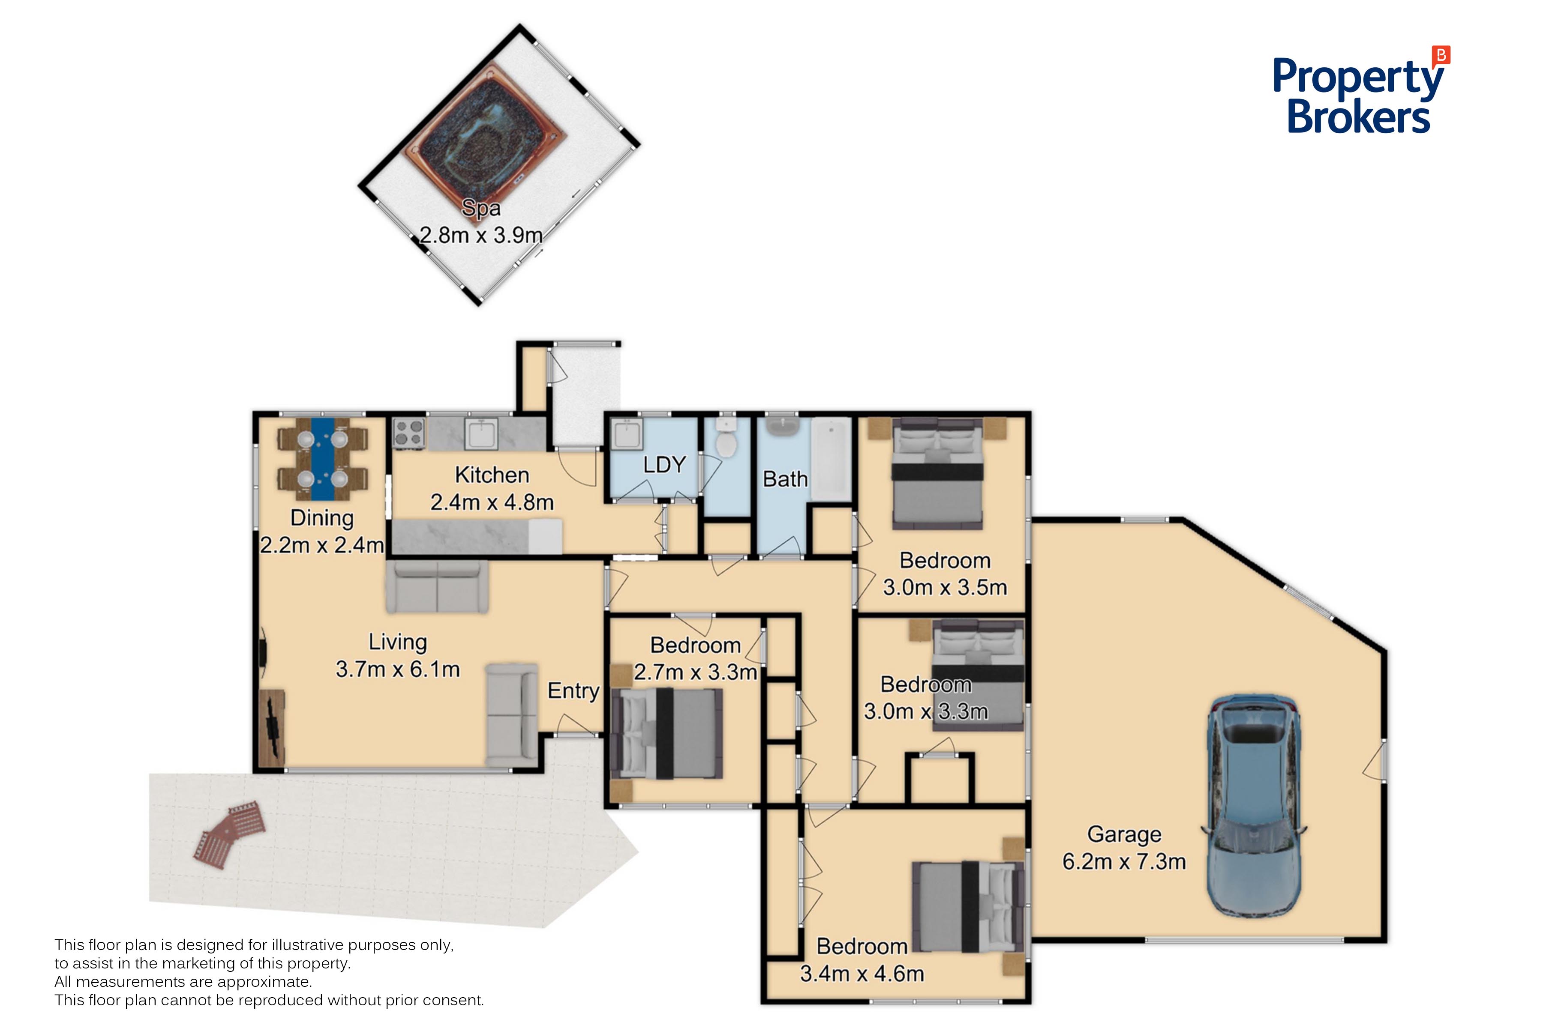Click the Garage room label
pyautogui.click(x=1124, y=834)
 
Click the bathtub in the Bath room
pyautogui.click(x=831, y=459)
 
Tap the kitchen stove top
pyautogui.click(x=409, y=434)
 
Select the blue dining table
pyautogui.click(x=322, y=458)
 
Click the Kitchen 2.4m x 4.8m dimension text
pyautogui.click(x=492, y=502)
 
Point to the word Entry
pyautogui.click(x=573, y=690)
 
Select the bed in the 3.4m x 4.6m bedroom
pyautogui.click(x=968, y=907)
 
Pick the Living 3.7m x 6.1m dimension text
pyautogui.click(x=398, y=669)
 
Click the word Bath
pyautogui.click(x=785, y=479)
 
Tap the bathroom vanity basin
pyautogui.click(x=781, y=426)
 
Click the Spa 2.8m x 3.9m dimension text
pyautogui.click(x=481, y=235)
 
